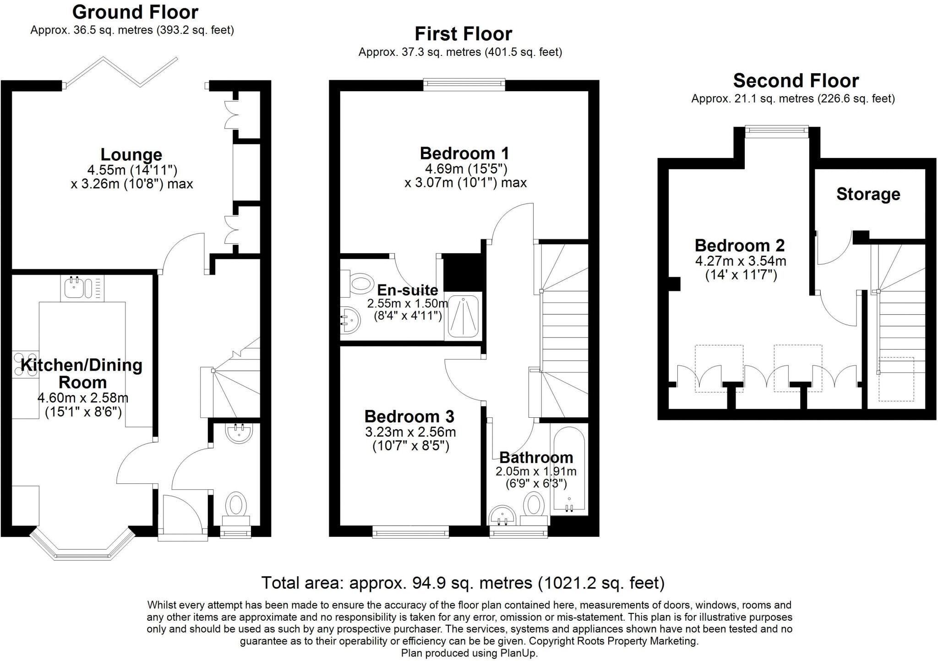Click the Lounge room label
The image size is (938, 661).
coord(131,155)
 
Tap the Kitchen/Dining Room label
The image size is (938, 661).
coord(82,373)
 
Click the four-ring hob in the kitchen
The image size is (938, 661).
coord(25,365)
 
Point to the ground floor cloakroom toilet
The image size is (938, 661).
coord(236,506)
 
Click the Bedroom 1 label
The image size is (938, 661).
coord(464,153)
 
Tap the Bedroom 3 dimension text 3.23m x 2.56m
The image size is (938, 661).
coord(410,432)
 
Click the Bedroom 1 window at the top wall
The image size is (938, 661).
coord(464,83)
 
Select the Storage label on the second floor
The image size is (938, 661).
coord(868,194)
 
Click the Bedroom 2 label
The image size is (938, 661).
coord(739,246)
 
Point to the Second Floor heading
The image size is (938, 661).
coord(796,81)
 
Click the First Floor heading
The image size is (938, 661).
coord(463,34)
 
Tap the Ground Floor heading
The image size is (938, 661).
coord(135,12)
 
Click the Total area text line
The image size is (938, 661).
coord(463,583)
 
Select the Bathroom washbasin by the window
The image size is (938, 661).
coord(502,517)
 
